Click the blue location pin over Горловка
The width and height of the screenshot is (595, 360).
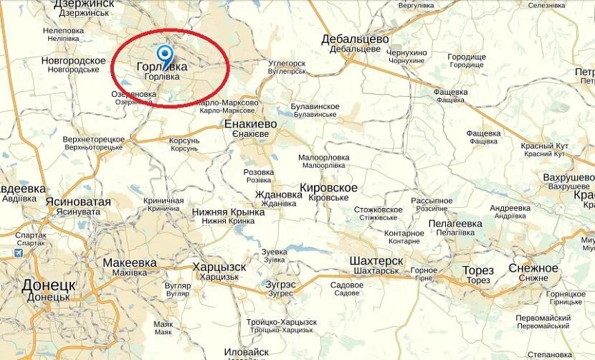[165, 55]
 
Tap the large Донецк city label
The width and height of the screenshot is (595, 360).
[49, 285]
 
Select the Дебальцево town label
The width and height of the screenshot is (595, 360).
[355, 39]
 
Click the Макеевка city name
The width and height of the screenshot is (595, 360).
[130, 262]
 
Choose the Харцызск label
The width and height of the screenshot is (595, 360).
[219, 267]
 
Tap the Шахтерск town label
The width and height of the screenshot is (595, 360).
[376, 260]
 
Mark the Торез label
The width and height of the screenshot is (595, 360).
[477, 270]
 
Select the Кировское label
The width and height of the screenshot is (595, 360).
[328, 187]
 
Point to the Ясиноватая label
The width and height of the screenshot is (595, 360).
[78, 202]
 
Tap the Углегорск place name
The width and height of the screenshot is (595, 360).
[287, 63]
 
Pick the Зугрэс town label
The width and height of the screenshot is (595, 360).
[280, 284]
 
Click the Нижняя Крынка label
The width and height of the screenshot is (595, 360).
[229, 212]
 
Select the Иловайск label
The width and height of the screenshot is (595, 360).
[246, 351]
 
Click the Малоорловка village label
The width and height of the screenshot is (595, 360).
[324, 156]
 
